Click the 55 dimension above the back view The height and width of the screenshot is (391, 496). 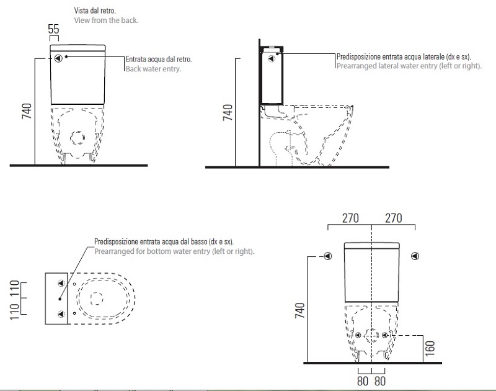[x=53, y=29]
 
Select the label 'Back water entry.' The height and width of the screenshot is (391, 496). [x=153, y=69]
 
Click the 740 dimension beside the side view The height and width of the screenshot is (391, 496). [x=228, y=112]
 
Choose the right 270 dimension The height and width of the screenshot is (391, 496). [x=393, y=218]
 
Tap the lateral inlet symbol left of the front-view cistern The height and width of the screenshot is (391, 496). [x=328, y=255]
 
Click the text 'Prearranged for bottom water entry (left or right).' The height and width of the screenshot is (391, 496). [x=174, y=251]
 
